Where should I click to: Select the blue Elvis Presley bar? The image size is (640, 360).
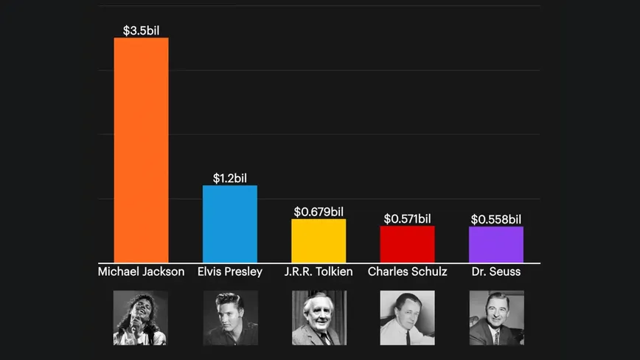(x=230, y=224)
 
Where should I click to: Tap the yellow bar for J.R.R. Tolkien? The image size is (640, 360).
(x=319, y=240)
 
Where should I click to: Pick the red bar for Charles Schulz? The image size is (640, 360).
(x=407, y=244)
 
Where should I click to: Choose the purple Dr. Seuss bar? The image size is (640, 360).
(x=496, y=244)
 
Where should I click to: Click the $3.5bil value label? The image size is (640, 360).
(x=141, y=30)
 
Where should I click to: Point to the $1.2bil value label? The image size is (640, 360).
(x=230, y=178)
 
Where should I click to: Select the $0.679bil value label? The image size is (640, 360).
(x=319, y=212)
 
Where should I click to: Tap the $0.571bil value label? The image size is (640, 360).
(x=407, y=218)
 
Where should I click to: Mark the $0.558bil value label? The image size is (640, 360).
(x=496, y=219)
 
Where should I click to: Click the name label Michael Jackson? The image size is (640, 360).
(x=141, y=271)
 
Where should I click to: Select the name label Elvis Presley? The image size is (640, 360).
(x=230, y=271)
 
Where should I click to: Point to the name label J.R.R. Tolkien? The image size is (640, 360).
(x=319, y=271)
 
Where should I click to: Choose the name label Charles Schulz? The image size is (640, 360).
(x=407, y=271)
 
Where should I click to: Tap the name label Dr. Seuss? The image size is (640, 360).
(x=496, y=271)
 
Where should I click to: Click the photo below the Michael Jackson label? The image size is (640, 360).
(x=141, y=317)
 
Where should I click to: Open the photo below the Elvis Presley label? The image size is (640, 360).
(x=230, y=317)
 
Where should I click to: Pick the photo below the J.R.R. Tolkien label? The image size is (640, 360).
(x=319, y=317)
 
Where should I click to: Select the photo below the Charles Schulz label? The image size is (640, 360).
(x=407, y=317)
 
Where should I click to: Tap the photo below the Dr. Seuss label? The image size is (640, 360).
(x=496, y=317)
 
